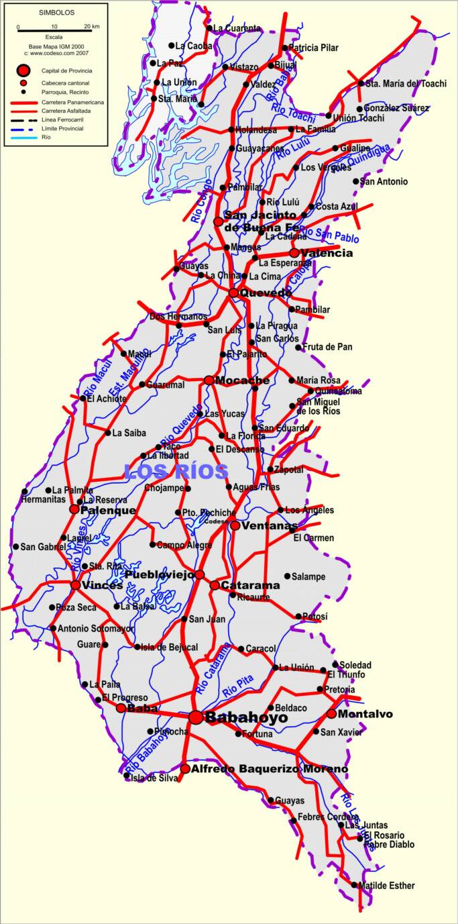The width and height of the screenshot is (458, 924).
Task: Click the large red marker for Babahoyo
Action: pyautogui.click(x=195, y=717)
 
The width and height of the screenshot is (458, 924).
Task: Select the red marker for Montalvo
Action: pyautogui.click(x=331, y=714)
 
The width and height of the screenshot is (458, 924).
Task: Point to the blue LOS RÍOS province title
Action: pyautogui.click(x=176, y=471)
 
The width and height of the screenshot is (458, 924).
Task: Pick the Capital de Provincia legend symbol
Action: pyautogui.click(x=24, y=70)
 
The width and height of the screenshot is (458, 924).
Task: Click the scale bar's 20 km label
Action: pyautogui.click(x=91, y=27)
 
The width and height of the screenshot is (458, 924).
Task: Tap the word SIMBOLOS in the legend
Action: pyautogui.click(x=56, y=13)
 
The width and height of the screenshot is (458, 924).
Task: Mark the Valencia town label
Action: pyautogui.click(x=327, y=253)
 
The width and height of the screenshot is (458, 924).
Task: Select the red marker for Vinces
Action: pyautogui.click(x=76, y=585)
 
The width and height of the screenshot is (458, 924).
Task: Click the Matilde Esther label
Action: pyautogui.click(x=386, y=886)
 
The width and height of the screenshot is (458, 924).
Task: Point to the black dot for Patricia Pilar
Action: pyautogui.click(x=284, y=48)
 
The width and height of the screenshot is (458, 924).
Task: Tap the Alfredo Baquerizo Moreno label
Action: pyautogui.click(x=270, y=769)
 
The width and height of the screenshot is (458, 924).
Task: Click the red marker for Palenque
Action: pyautogui.click(x=74, y=509)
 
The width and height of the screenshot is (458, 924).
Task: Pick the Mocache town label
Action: pyautogui.click(x=242, y=380)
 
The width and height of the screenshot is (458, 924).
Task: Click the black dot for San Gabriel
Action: pyautogui.click(x=15, y=546)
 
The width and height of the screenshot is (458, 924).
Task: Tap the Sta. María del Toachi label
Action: pyautogui.click(x=404, y=84)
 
